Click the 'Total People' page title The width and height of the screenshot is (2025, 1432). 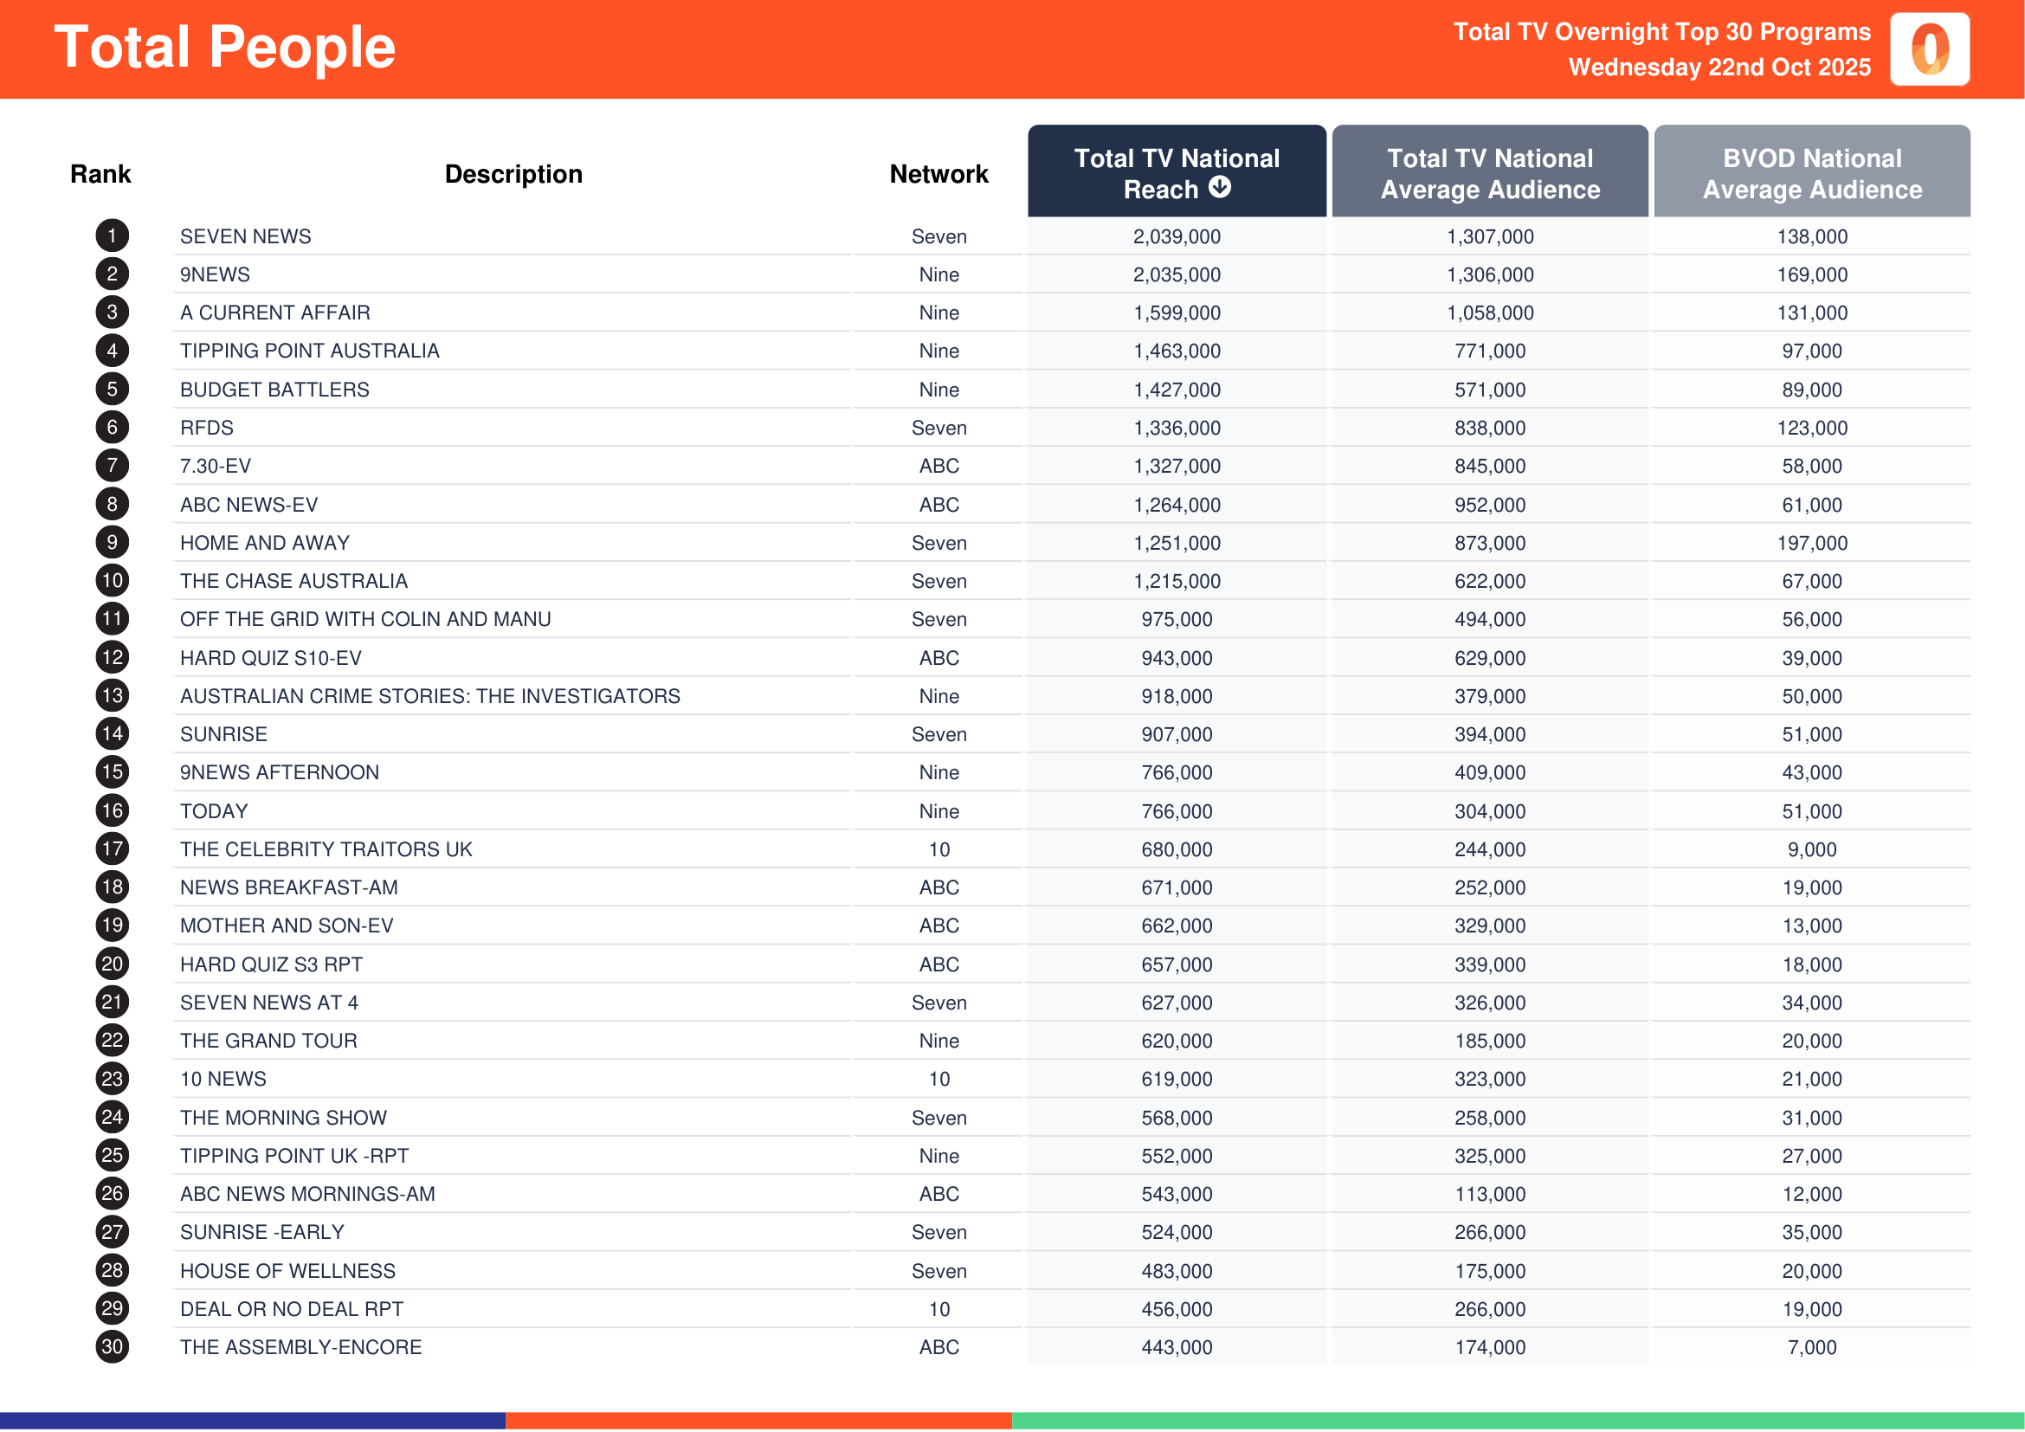coord(225,48)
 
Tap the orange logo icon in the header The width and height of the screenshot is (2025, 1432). coord(1929,49)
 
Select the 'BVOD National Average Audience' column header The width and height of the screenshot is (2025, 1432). coord(1811,174)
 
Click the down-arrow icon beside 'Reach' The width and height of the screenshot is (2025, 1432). coord(1220,187)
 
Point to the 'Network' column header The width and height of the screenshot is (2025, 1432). coord(938,175)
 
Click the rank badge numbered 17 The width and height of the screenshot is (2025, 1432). coord(112,849)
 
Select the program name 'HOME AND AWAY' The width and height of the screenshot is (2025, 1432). coord(265,543)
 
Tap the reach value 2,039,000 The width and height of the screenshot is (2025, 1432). coord(1177,236)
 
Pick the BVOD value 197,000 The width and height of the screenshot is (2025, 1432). coord(1811,543)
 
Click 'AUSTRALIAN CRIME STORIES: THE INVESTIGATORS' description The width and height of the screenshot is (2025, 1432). coord(429,697)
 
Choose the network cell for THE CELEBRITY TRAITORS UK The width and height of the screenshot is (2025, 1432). coord(938,849)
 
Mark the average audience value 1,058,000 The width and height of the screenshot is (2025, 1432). coord(1490,313)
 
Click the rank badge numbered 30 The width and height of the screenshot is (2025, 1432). coord(112,1347)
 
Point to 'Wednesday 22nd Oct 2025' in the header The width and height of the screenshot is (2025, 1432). coord(1719,67)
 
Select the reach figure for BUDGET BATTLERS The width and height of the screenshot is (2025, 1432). coord(1177,390)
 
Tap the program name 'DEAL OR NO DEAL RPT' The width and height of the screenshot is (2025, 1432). coord(291,1309)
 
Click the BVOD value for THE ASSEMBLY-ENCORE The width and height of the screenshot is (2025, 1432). coord(1811,1347)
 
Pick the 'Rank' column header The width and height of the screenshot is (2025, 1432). coord(100,175)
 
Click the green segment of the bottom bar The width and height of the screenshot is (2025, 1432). coord(1517,1421)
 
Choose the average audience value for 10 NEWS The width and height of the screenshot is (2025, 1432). coord(1490,1080)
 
